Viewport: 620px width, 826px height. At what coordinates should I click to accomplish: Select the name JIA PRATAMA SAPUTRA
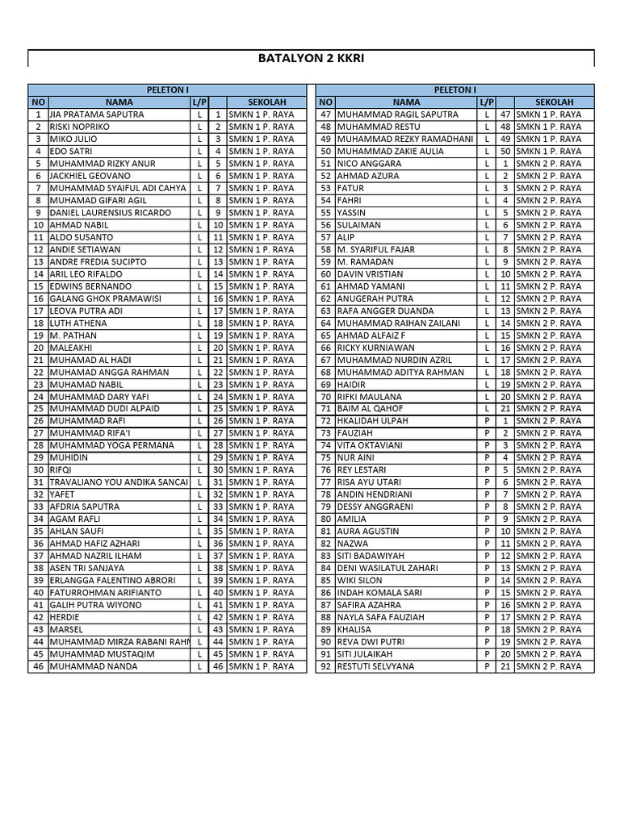pos(97,115)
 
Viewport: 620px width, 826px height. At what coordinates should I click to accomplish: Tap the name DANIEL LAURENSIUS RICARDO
pos(111,213)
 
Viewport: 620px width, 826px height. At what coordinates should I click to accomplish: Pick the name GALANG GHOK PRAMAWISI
pos(106,299)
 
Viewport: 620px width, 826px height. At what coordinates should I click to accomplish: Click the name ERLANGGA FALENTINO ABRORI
pos(113,581)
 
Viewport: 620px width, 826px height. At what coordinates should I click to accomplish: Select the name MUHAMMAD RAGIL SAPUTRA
pos(397,115)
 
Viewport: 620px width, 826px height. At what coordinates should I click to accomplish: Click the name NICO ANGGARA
pos(369,164)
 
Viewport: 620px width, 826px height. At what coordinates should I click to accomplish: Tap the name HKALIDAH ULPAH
pos(373,421)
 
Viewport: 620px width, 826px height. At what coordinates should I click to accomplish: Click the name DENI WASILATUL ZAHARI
pos(387,569)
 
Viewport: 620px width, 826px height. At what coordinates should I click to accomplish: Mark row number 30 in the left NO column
pos(38,470)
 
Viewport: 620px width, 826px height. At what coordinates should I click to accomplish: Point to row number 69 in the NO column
pos(326,385)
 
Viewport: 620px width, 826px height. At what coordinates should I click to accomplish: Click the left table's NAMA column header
pos(119,102)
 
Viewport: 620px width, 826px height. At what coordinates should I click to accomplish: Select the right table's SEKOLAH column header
pos(555,102)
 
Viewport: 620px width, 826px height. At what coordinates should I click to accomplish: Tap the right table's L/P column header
pos(487,102)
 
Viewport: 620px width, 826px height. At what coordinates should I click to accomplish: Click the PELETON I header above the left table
pos(167,90)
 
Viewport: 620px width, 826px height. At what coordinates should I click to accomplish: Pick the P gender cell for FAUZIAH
pos(487,433)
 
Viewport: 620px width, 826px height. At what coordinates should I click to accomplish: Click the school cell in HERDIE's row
pos(261,618)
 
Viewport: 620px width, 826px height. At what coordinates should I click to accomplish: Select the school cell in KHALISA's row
pos(549,630)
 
